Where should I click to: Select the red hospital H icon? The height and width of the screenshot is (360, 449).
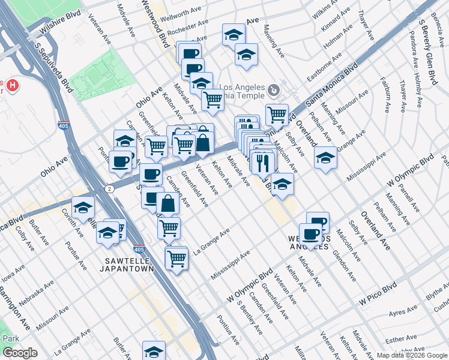pos(13,86)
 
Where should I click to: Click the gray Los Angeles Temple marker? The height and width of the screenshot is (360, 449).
pos(274,90)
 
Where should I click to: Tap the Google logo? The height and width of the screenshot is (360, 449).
pos(20,353)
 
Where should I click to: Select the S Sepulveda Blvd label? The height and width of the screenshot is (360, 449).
pos(53,66)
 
